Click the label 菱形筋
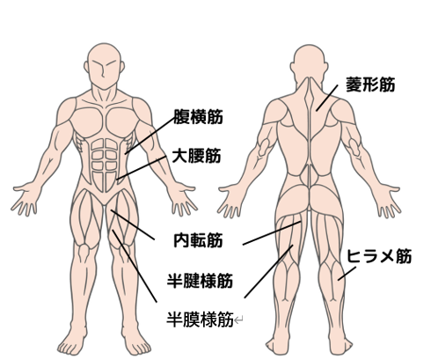(x=370, y=84)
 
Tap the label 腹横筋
(x=198, y=117)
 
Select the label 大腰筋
(x=196, y=156)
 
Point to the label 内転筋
(x=198, y=240)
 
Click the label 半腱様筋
(x=200, y=281)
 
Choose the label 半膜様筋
(x=200, y=320)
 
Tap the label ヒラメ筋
(x=379, y=256)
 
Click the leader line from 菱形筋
(x=327, y=99)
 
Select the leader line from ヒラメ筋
(x=347, y=274)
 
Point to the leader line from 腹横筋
(x=150, y=136)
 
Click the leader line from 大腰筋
(x=141, y=168)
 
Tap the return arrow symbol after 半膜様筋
(x=238, y=320)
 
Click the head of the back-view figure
(x=309, y=63)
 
